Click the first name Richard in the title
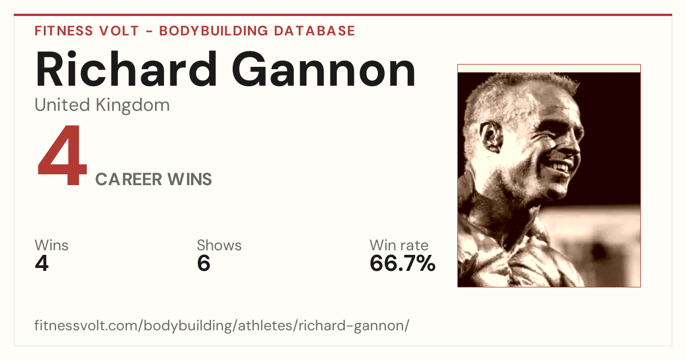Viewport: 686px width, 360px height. click(126, 69)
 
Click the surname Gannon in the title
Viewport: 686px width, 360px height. click(324, 69)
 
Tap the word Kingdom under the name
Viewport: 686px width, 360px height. click(133, 106)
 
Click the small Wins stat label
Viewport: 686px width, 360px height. click(51, 245)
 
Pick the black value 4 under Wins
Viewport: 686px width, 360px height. click(42, 263)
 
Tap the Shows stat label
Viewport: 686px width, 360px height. click(219, 245)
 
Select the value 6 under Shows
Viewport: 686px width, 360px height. click(204, 263)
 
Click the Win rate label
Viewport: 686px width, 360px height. click(399, 245)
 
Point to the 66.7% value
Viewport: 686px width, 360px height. click(402, 263)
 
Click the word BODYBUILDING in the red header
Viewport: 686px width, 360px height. click(213, 31)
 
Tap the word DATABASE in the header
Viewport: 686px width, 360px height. click(314, 31)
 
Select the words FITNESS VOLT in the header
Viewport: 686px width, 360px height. click(87, 31)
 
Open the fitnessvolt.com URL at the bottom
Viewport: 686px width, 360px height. click(222, 325)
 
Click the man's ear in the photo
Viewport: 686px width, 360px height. click(491, 137)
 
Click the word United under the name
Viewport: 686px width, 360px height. click(62, 105)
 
